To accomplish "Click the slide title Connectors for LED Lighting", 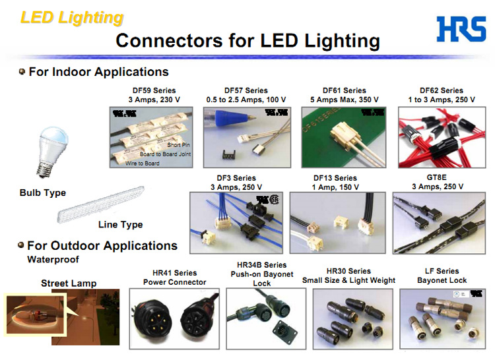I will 247,41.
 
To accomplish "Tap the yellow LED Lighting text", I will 71,17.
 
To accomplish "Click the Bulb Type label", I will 43,193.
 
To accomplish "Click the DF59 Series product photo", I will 155,136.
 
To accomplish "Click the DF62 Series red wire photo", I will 442,136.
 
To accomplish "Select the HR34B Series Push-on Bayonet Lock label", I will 262,274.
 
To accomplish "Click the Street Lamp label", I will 69,284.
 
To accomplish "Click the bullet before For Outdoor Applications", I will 22,245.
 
